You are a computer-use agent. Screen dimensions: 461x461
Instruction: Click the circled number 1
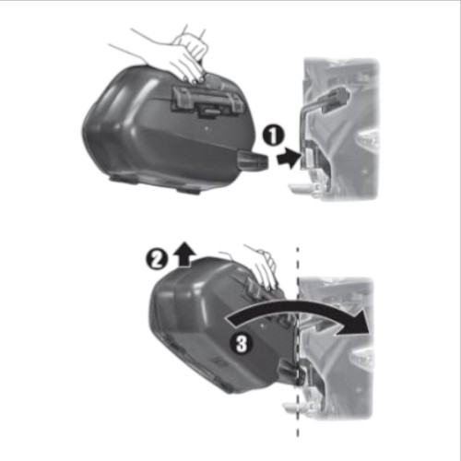tap(273, 136)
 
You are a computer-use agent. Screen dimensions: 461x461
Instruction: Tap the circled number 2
tap(157, 259)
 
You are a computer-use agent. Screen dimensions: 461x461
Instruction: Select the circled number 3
tap(242, 343)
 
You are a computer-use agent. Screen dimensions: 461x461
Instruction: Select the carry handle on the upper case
tap(208, 100)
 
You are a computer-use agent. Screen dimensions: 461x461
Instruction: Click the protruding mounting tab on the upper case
tap(253, 160)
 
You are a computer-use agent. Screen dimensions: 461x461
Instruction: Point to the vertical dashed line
tap(298, 341)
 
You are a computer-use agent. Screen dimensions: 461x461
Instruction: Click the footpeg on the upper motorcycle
tap(302, 189)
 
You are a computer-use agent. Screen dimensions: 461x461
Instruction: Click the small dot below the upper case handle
tap(207, 127)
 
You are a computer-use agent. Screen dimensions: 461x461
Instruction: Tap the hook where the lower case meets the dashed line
tap(290, 371)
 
